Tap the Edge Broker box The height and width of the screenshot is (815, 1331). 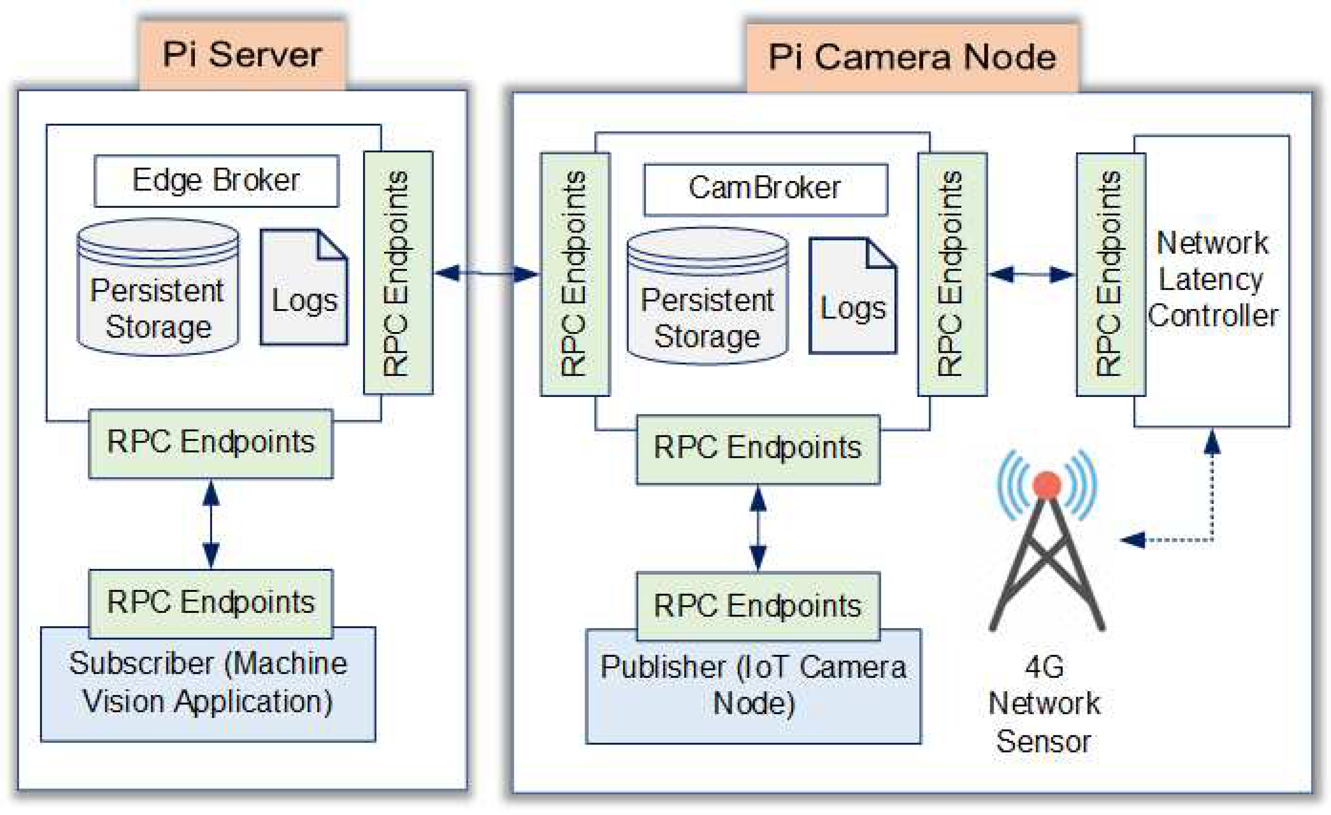[x=216, y=181]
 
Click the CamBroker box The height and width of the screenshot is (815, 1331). [x=765, y=189]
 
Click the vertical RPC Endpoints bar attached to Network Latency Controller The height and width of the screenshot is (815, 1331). [x=1111, y=274]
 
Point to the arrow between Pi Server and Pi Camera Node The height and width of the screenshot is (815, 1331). [x=486, y=273]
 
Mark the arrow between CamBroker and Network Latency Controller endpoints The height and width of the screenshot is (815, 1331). [x=1031, y=274]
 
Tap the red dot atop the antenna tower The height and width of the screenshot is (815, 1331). [x=1046, y=484]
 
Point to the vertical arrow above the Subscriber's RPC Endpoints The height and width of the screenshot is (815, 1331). [x=211, y=524]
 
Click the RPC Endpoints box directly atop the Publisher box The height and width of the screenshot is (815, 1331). [x=758, y=606]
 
